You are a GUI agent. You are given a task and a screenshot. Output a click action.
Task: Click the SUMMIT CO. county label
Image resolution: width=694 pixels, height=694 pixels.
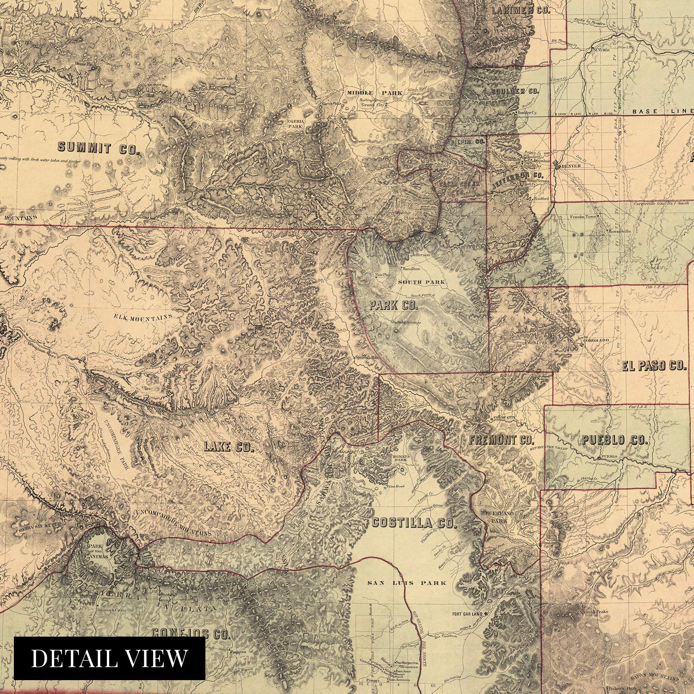pos(99,149)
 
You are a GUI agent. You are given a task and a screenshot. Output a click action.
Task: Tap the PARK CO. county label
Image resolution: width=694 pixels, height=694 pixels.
pos(393,305)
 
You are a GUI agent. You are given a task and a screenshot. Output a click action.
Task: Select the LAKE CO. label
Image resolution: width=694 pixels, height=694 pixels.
pos(229,446)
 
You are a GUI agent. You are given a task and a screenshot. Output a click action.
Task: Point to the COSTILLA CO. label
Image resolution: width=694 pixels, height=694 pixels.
pos(414,523)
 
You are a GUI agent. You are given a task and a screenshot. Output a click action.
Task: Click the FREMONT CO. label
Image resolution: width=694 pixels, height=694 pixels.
pos(502,440)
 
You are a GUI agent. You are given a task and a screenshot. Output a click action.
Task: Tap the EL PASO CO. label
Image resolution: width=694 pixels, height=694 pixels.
pos(654,366)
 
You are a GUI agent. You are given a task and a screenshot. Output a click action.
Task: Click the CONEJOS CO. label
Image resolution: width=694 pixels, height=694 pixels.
pos(191,634)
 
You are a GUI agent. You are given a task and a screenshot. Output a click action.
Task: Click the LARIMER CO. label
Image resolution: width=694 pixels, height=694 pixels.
pos(520,10)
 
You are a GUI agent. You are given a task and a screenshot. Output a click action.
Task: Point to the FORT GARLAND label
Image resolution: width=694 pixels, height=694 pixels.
pos(467,614)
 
